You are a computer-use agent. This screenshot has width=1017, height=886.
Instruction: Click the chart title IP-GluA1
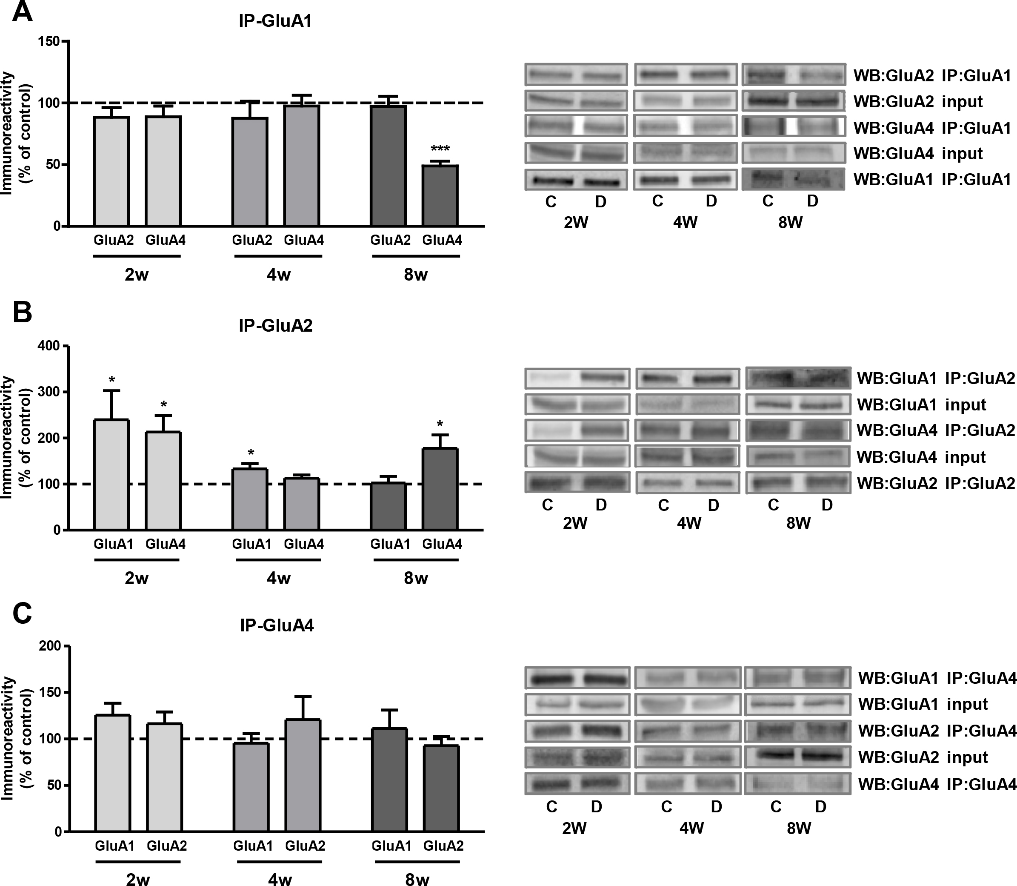coord(276,21)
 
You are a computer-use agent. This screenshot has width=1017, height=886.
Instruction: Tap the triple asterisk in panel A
coord(440,148)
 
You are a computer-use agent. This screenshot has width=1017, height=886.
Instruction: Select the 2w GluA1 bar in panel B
coord(111,475)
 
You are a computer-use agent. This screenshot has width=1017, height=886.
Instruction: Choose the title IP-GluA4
coord(277,625)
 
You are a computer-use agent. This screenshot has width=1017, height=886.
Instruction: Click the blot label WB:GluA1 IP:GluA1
coord(932,180)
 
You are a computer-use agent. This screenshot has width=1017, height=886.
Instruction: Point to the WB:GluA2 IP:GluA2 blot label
coord(935,483)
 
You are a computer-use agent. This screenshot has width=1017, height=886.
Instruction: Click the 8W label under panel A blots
coord(791,223)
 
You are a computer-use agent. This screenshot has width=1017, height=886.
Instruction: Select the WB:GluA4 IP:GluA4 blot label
coord(937,785)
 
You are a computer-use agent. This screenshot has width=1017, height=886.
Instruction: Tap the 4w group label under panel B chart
coord(279,578)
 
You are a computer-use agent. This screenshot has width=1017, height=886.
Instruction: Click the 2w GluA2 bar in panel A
coord(111,171)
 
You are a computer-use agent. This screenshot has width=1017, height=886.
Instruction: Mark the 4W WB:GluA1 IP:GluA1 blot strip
coord(686,180)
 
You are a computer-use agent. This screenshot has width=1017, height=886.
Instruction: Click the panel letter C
coord(22,613)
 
